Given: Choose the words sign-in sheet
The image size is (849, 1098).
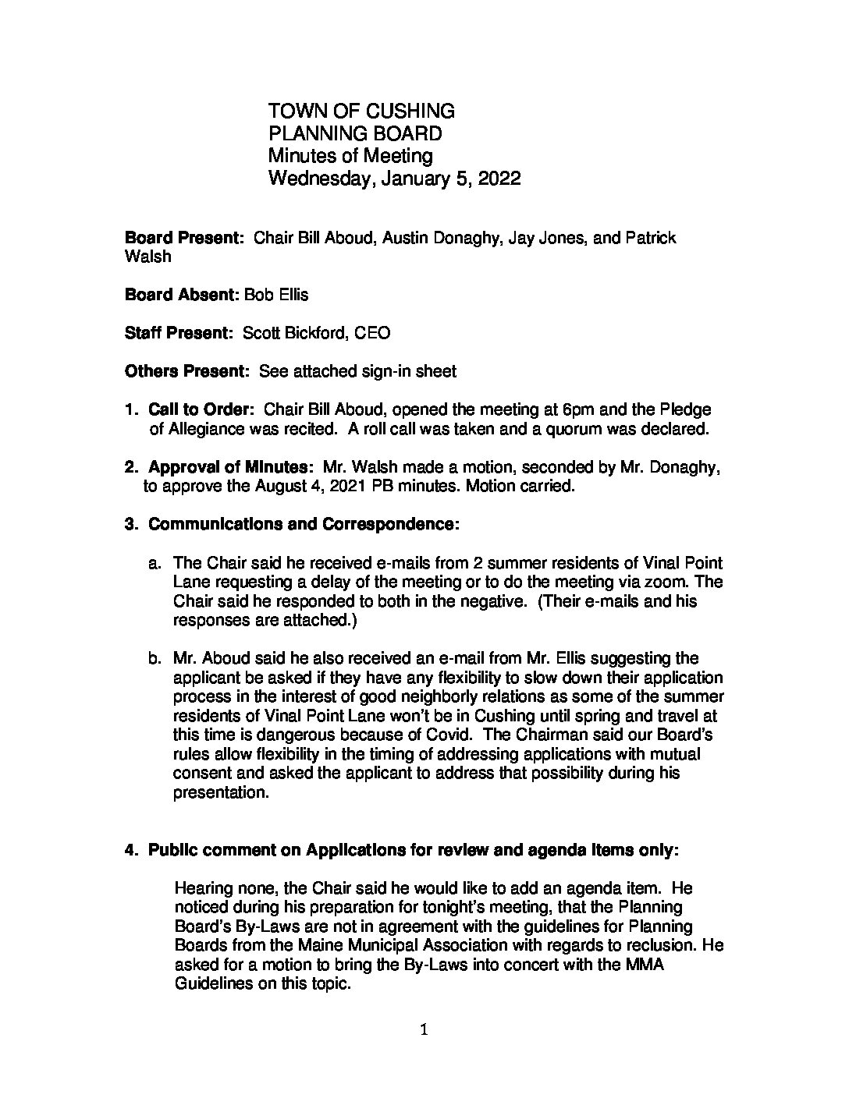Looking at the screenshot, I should coord(409,371).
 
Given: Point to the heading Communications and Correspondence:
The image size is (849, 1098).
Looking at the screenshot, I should coord(304,524).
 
